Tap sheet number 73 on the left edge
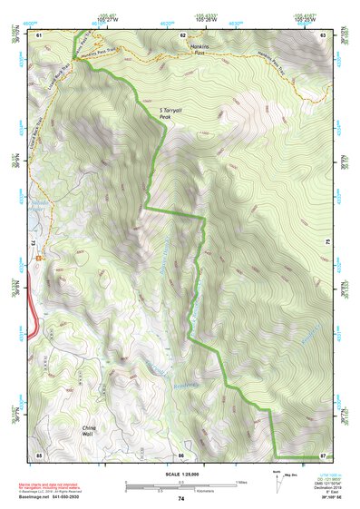click(x=35, y=244)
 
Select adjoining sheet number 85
click(x=39, y=454)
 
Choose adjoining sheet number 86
click(x=181, y=454)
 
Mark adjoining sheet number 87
click(x=323, y=454)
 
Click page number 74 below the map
click(x=181, y=498)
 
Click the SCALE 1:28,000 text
click(x=181, y=473)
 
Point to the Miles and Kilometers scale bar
click(x=181, y=484)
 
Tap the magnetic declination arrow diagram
click(x=277, y=475)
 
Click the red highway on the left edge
click(x=34, y=318)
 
